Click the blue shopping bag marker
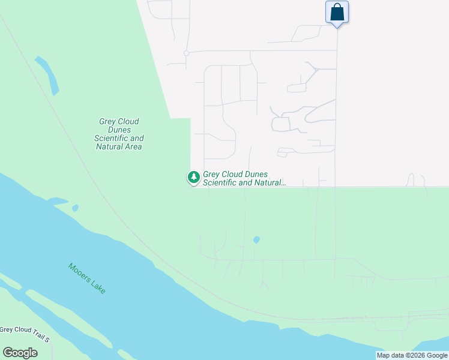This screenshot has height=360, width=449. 337,12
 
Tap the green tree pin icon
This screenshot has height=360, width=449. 193,177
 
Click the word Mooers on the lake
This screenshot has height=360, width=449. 79,273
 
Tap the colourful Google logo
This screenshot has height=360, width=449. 20,353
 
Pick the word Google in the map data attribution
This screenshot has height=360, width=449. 438,356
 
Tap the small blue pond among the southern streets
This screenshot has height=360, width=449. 256,240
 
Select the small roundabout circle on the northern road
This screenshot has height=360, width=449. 187,53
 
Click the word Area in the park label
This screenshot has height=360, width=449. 132,146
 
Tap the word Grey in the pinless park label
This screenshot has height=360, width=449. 107,121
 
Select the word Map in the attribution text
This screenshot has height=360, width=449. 384,356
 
